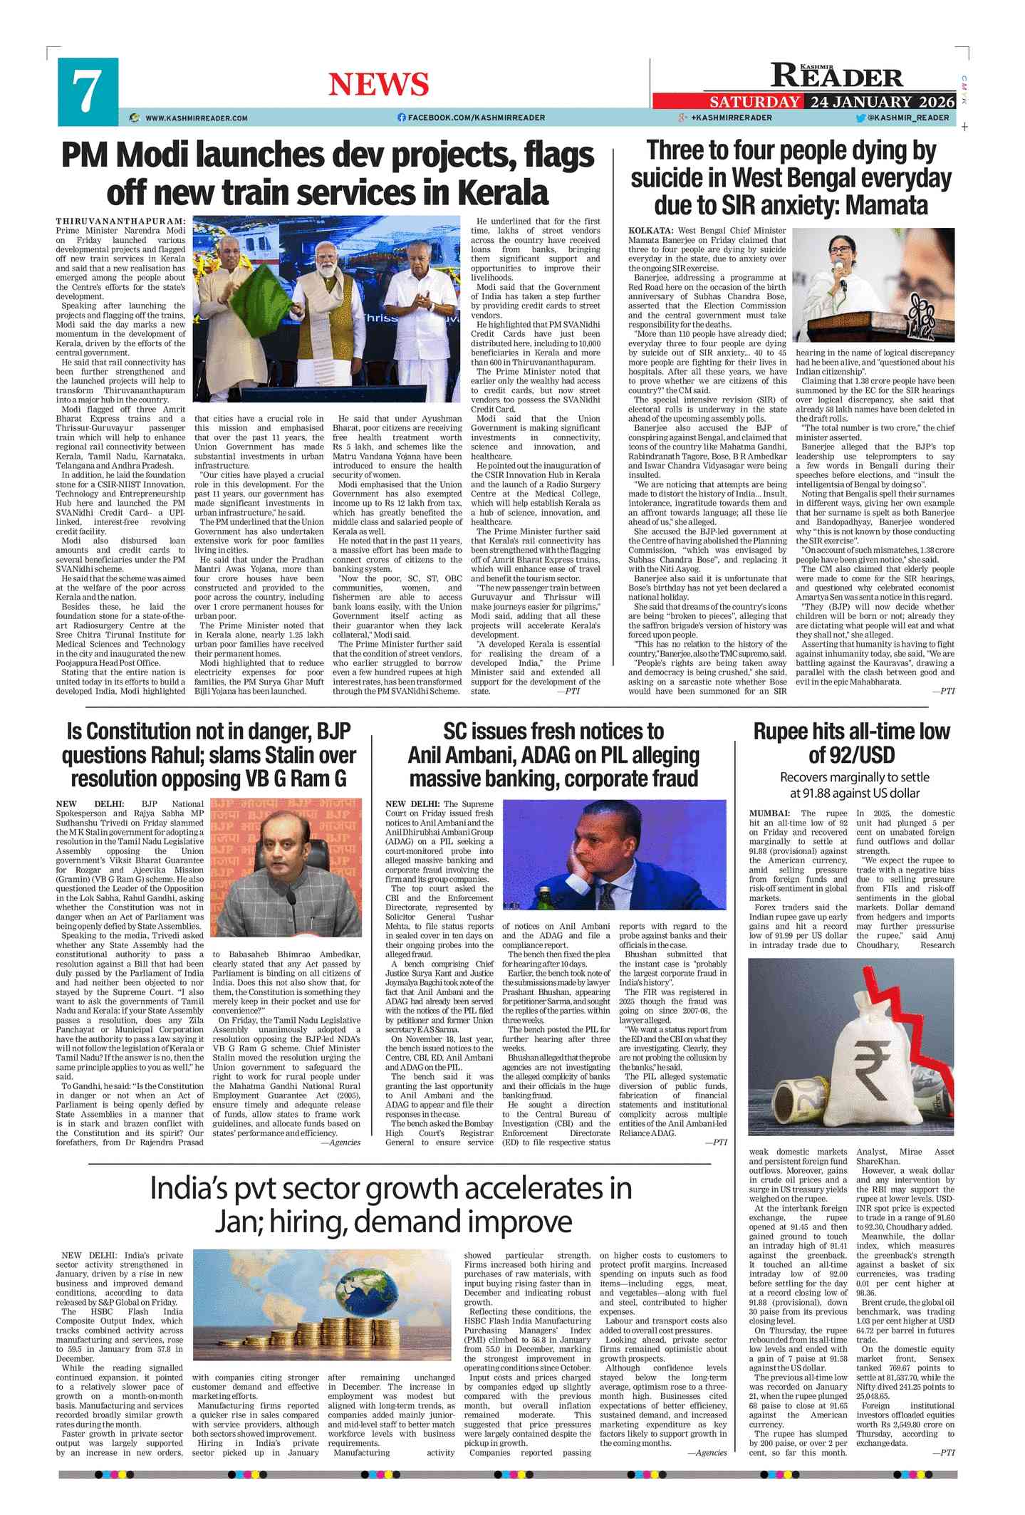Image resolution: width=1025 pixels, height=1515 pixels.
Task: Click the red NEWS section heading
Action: (378, 85)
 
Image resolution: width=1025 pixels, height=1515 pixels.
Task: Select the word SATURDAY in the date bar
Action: (754, 102)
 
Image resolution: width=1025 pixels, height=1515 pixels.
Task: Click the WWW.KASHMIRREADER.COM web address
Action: (196, 118)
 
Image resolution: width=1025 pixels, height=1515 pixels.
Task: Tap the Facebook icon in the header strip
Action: (402, 118)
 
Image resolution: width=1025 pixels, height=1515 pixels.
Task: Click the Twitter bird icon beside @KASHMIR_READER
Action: (860, 118)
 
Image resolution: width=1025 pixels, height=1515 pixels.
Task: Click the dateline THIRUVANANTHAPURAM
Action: (120, 222)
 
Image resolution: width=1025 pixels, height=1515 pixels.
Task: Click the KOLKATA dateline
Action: (650, 231)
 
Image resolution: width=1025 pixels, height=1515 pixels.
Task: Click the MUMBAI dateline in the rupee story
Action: (769, 813)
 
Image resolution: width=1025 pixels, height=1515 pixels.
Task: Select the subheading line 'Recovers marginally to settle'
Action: (854, 777)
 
